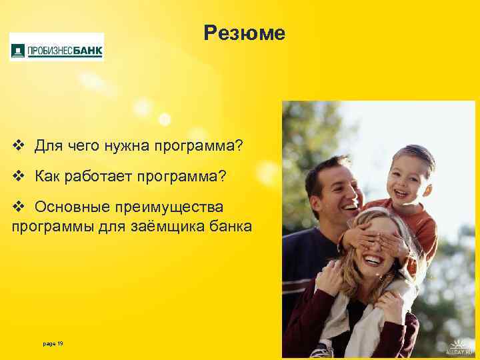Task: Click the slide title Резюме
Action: pos(245,33)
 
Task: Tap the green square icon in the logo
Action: pos(18,49)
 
